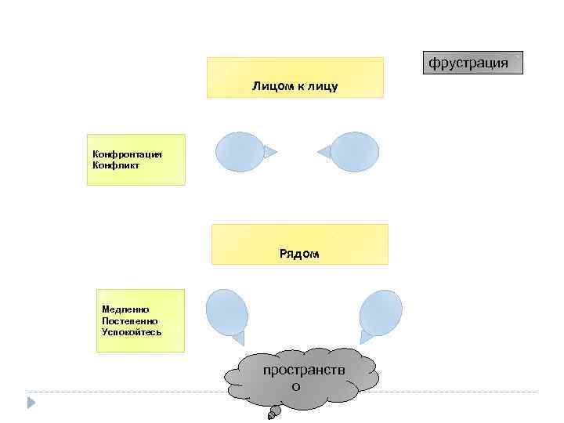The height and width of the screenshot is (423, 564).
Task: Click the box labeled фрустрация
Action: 472,62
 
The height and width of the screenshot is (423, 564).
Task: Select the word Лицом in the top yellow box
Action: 269,85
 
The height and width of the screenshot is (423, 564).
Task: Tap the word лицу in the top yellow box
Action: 324,85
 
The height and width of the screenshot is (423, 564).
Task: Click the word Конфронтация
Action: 127,154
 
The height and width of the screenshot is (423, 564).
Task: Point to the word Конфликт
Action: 116,164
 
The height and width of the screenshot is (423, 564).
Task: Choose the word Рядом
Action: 299,254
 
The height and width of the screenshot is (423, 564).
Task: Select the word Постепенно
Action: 129,320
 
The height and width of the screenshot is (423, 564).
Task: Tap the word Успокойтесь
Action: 132,331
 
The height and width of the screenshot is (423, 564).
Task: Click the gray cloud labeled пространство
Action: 301,378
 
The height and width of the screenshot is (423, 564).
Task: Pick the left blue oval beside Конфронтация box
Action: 240,152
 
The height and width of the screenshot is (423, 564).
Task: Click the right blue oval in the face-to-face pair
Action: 355,152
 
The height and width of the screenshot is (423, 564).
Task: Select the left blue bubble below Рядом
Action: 227,311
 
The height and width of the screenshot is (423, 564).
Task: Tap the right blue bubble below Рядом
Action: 381,312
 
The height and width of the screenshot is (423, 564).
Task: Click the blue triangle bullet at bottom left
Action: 31,403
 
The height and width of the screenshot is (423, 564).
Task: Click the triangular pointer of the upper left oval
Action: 269,152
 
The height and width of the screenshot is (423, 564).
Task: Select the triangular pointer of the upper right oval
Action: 324,152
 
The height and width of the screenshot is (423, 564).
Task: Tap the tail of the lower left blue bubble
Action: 238,338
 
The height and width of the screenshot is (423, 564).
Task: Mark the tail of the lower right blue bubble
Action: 367,338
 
